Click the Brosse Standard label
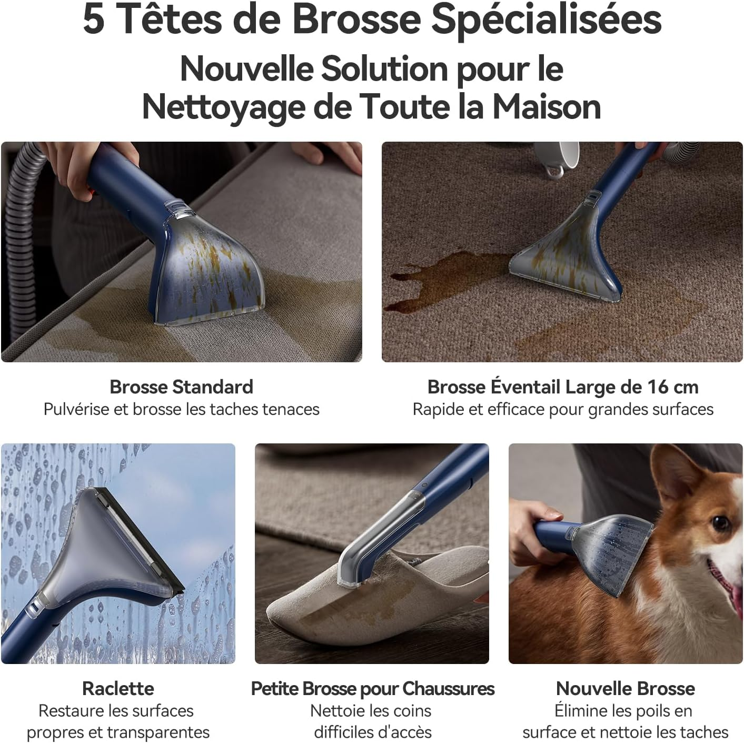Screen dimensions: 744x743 (182, 387)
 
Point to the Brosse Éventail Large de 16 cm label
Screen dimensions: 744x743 (563, 387)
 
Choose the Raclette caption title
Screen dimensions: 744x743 (118, 689)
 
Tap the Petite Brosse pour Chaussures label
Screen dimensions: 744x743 (373, 689)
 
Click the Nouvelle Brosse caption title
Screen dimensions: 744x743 (626, 689)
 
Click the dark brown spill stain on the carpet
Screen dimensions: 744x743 (448, 278)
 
